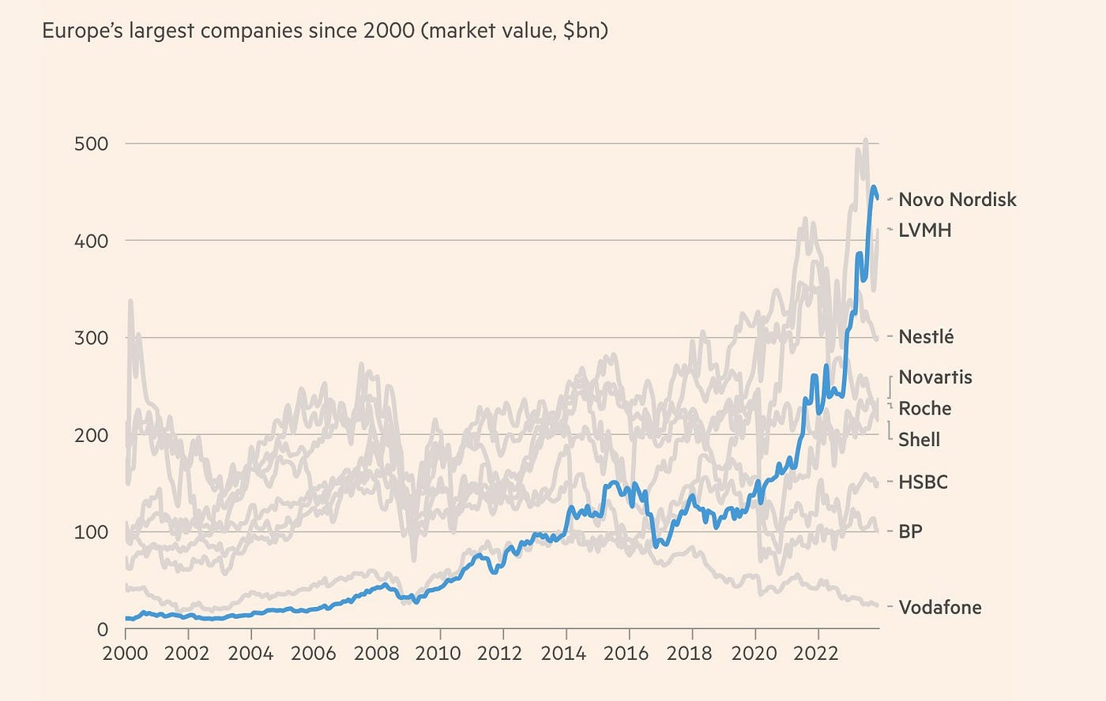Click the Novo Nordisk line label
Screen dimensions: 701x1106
957,200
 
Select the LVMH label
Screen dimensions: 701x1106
925,231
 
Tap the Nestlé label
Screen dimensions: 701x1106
926,336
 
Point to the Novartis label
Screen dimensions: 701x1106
935,377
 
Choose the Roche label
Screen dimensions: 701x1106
925,408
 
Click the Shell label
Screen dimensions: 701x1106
919,440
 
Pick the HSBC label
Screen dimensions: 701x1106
923,482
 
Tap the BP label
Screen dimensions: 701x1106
910,531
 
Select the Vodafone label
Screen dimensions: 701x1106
940,607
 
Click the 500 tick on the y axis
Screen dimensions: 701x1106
92,144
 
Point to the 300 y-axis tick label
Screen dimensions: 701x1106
92,338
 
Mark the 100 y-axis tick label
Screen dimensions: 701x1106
92,532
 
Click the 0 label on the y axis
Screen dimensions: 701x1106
102,629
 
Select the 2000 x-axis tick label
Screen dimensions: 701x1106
126,654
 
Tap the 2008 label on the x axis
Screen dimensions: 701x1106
377,654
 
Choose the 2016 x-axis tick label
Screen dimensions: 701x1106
629,654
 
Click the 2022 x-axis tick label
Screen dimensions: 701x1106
818,654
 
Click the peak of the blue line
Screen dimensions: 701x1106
873,187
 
